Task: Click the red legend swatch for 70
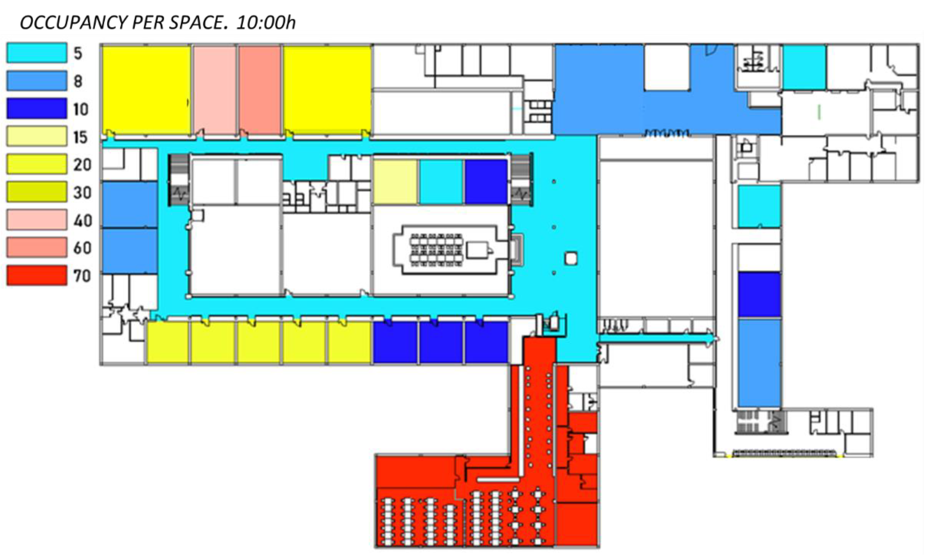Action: point(37,275)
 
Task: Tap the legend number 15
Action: point(80,137)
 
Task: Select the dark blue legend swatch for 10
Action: point(37,108)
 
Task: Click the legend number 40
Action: point(82,221)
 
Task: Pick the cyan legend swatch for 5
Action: point(37,53)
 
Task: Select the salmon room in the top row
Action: point(260,90)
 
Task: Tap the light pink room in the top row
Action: point(215,90)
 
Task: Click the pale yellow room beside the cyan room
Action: point(395,182)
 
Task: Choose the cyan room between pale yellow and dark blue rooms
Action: point(441,182)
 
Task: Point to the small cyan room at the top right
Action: point(804,68)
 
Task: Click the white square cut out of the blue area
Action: point(667,68)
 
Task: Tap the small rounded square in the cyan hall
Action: point(571,258)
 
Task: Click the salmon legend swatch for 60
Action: point(37,247)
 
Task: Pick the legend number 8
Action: point(78,81)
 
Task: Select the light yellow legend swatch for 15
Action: point(37,136)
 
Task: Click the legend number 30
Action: point(82,193)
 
